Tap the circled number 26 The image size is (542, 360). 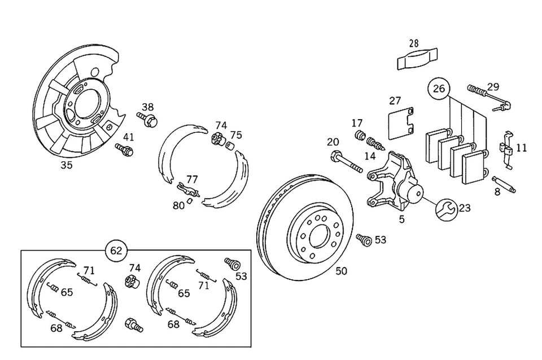tap(439, 88)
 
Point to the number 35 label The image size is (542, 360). tap(67, 165)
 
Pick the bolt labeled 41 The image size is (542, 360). tap(125, 150)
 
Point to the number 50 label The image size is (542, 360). tap(341, 271)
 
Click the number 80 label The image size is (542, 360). tap(179, 205)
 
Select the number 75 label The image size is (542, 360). tap(236, 135)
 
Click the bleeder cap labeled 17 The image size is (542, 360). tap(359, 136)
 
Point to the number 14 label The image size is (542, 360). tap(370, 155)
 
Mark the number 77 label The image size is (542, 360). tap(193, 179)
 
